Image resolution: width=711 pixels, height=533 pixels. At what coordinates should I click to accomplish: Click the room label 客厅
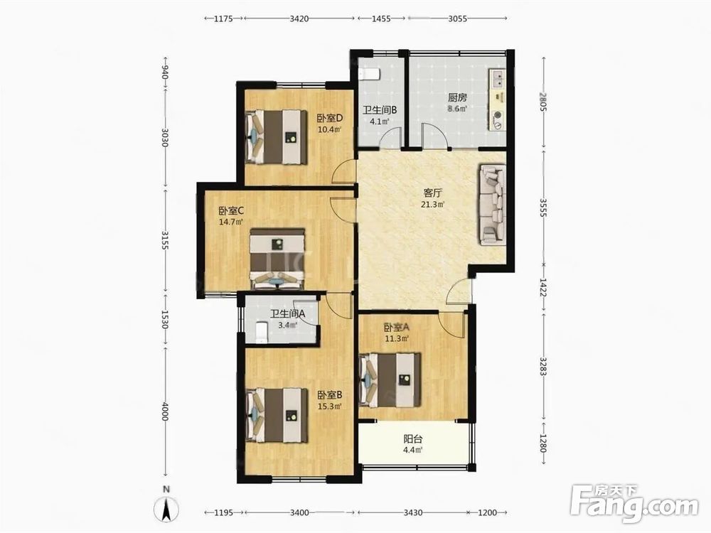(x=432, y=193)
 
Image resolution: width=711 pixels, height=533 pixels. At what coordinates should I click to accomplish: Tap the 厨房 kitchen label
(x=457, y=97)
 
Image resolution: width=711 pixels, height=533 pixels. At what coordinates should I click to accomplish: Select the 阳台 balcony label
(x=413, y=438)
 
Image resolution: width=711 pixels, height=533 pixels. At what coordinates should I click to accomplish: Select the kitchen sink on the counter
(x=498, y=79)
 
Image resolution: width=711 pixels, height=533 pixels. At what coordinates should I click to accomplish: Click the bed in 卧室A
(x=390, y=379)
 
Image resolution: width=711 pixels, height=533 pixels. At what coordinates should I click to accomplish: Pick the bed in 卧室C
(x=277, y=259)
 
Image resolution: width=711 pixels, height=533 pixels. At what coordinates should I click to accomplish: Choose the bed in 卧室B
(x=276, y=415)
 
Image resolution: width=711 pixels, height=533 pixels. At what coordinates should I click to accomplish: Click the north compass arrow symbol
(x=167, y=509)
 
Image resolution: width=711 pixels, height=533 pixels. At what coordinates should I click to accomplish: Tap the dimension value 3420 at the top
(x=299, y=18)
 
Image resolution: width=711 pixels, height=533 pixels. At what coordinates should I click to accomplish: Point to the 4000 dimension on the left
(x=165, y=411)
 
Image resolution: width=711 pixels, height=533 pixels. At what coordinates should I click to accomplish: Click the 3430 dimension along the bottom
(x=412, y=512)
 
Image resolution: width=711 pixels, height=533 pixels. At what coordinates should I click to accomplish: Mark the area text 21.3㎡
(x=432, y=205)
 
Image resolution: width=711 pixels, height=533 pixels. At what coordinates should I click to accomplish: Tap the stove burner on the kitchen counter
(x=498, y=115)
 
